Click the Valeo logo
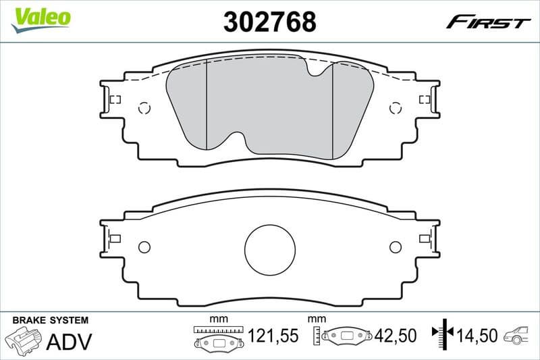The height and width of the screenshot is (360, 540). click(40, 16)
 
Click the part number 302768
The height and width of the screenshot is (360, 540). click(269, 22)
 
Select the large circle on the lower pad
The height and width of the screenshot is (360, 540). click(270, 250)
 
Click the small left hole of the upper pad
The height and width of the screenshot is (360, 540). click(143, 107)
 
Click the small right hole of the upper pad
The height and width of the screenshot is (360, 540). click(396, 107)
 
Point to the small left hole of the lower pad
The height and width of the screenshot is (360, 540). click(143, 247)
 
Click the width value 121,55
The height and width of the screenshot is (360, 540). click(273, 335)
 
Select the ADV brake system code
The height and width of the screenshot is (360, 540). click(68, 340)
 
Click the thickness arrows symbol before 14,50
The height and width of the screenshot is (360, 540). click(444, 334)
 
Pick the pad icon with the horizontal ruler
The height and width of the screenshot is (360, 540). click(217, 337)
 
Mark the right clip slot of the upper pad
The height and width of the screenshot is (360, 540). click(425, 99)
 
